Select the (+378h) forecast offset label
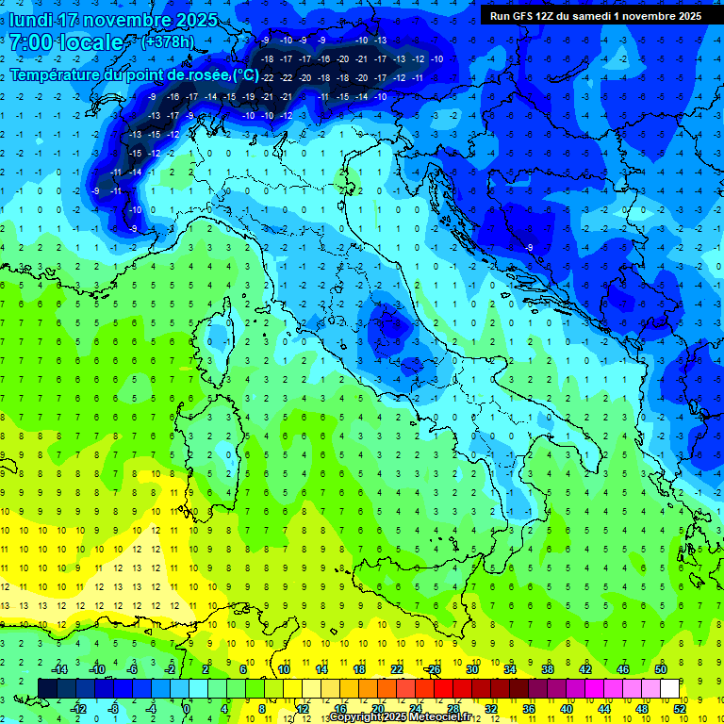click(x=167, y=41)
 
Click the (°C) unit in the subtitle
click(x=245, y=74)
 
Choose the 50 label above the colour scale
click(x=661, y=669)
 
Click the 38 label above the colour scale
click(x=548, y=669)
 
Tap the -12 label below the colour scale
click(x=78, y=708)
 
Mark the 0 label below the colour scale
click(x=188, y=708)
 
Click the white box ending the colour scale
click(x=669, y=688)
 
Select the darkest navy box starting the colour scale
click(x=47, y=688)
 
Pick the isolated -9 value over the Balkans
click(x=530, y=247)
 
